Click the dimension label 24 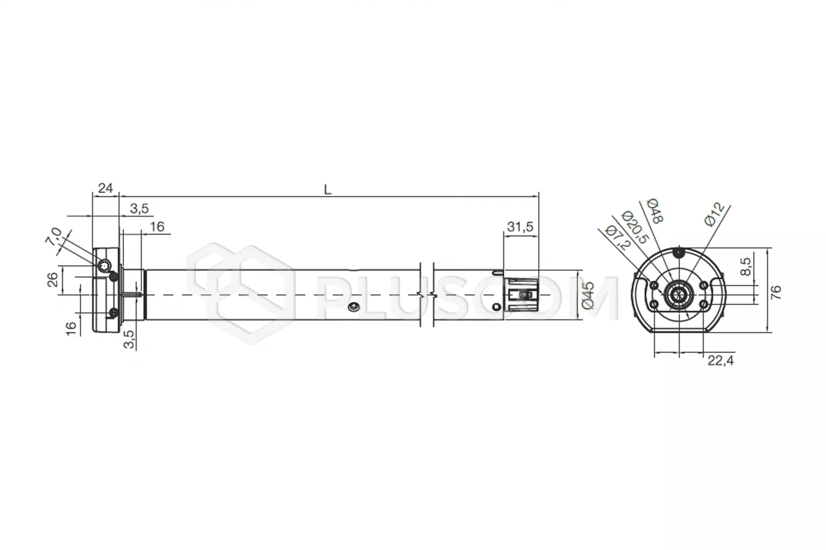click(106, 188)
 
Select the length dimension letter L click(327, 190)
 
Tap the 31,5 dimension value click(520, 227)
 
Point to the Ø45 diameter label click(588, 295)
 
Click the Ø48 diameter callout click(655, 211)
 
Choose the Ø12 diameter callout click(714, 214)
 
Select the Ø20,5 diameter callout click(634, 227)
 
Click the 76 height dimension click(776, 292)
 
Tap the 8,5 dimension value click(745, 266)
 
